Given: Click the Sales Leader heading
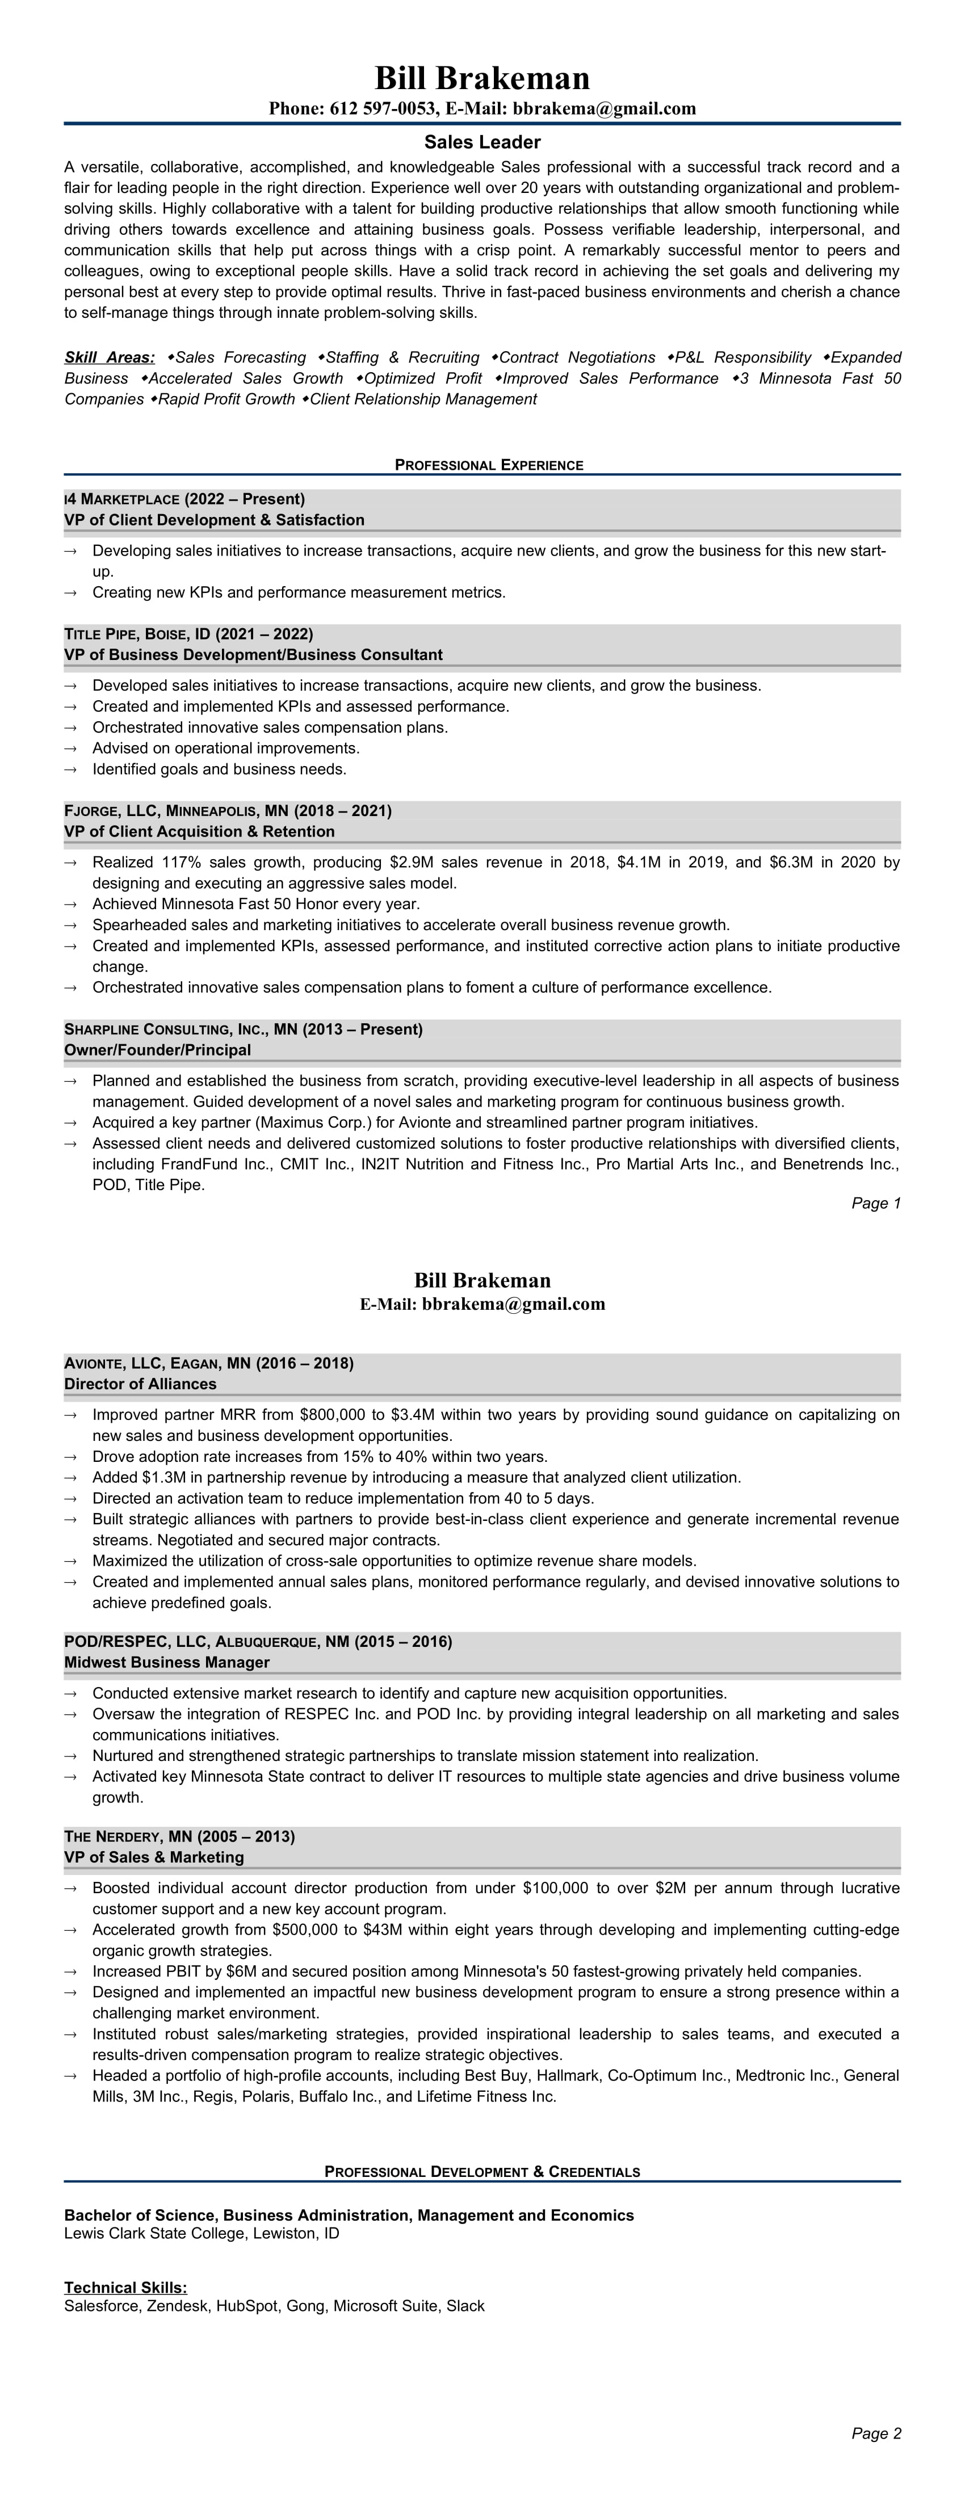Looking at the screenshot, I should click(482, 142).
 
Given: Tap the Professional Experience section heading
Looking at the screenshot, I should click(489, 465).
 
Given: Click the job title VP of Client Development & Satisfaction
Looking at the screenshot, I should click(215, 520).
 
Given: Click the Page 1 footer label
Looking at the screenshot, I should click(876, 1203).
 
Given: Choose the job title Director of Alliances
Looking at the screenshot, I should click(141, 1384).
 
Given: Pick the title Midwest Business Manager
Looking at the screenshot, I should click(167, 1662).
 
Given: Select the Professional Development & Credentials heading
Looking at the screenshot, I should click(482, 2171).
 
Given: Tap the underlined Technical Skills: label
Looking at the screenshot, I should click(125, 2289).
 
